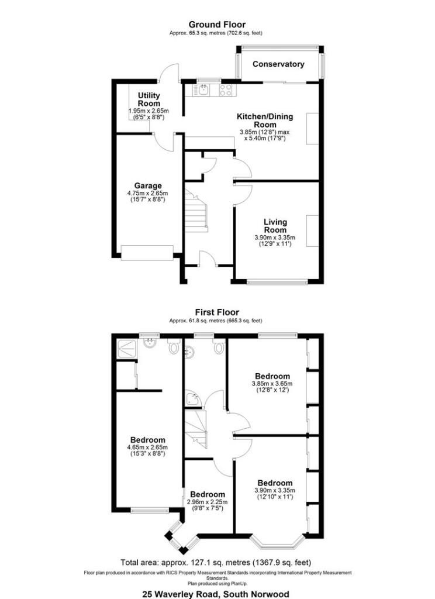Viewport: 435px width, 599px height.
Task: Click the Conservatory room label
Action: pyautogui.click(x=278, y=64)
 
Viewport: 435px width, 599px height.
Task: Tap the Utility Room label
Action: pyautogui.click(x=149, y=99)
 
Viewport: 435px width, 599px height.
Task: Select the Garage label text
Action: pyautogui.click(x=148, y=186)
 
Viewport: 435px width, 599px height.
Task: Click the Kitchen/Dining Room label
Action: pyautogui.click(x=265, y=121)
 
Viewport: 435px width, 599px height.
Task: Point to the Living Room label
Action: pyautogui.click(x=275, y=226)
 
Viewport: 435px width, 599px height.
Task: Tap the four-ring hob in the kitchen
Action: pyautogui.click(x=226, y=89)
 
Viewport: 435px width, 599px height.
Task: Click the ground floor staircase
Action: pyautogui.click(x=196, y=211)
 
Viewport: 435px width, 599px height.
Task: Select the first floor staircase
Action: pyautogui.click(x=196, y=428)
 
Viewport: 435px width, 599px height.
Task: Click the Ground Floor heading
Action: pyautogui.click(x=217, y=25)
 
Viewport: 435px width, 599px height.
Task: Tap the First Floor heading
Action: pyautogui.click(x=217, y=312)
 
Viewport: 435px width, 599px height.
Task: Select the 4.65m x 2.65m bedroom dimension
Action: pyautogui.click(x=147, y=447)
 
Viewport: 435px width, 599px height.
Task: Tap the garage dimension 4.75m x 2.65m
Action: pyautogui.click(x=147, y=193)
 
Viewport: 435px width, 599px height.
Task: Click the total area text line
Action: pyautogui.click(x=216, y=562)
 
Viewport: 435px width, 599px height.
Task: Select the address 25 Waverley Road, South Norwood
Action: pyautogui.click(x=216, y=594)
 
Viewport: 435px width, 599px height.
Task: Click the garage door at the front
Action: pyautogui.click(x=147, y=253)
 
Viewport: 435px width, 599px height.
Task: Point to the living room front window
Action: pyautogui.click(x=277, y=283)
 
